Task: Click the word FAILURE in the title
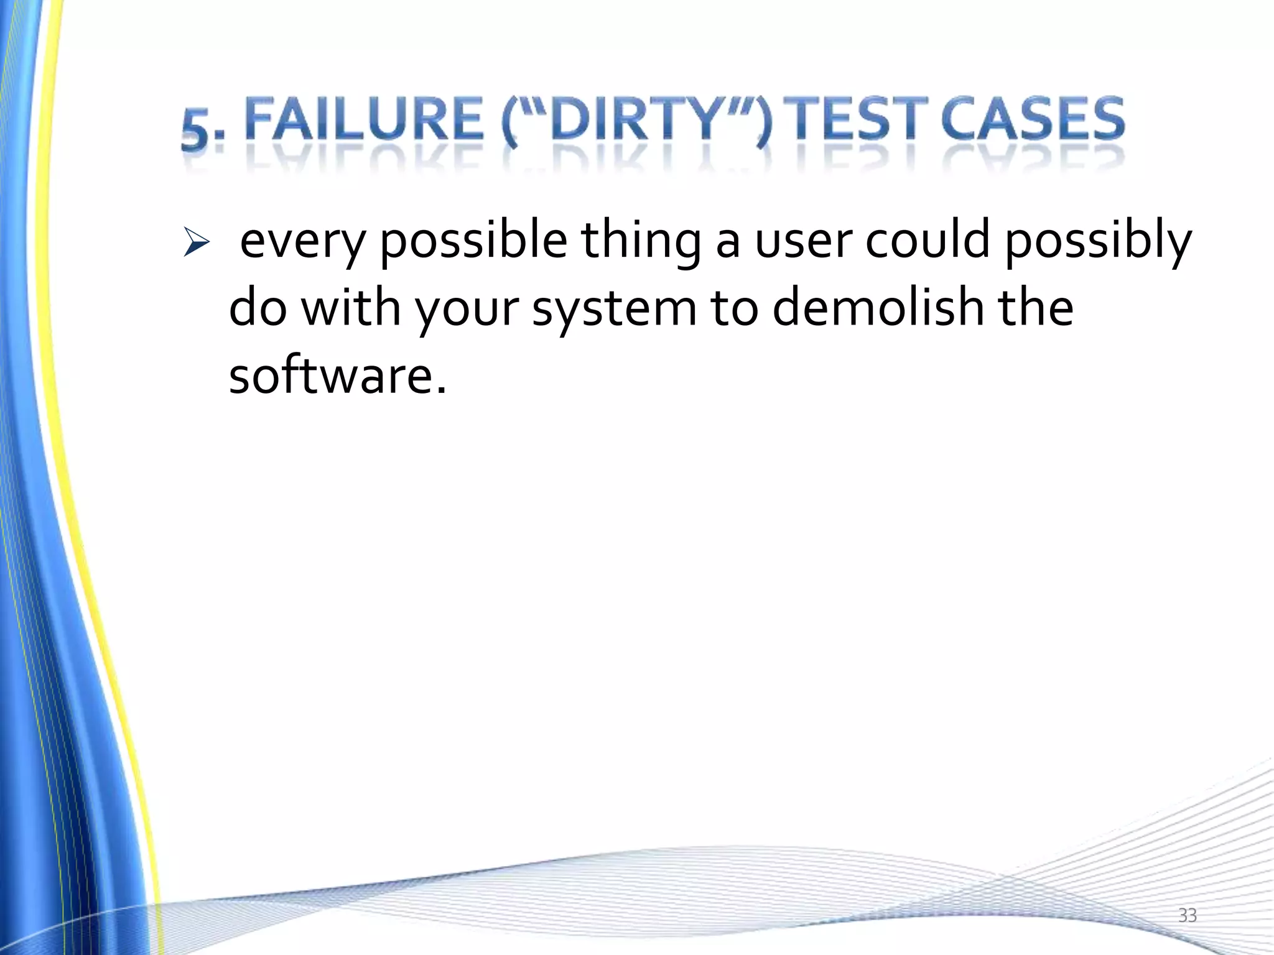[x=364, y=119]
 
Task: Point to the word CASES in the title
[x=1033, y=119]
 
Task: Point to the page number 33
[x=1188, y=915]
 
